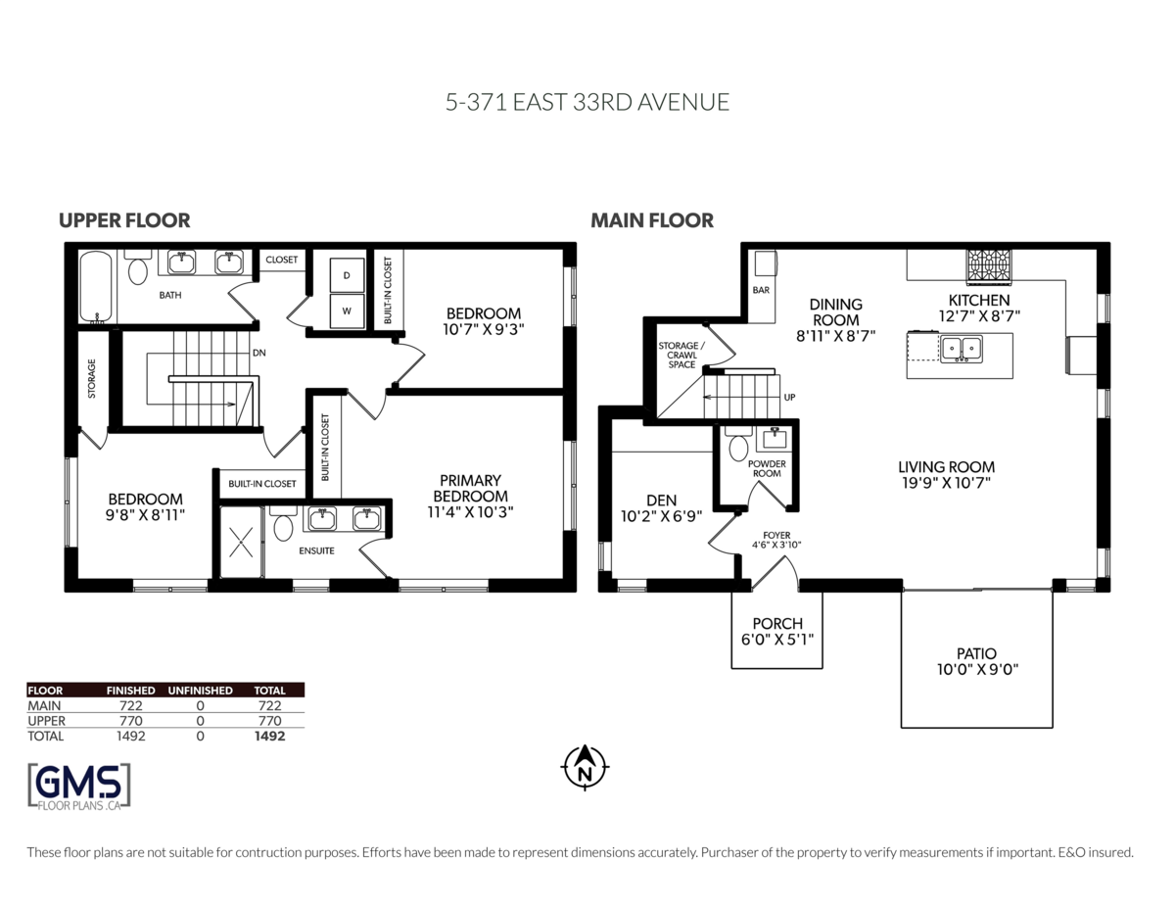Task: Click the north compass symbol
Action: pos(586,767)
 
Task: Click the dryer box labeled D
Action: pos(347,275)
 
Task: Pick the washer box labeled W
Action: pos(347,311)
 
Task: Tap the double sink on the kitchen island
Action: pos(961,348)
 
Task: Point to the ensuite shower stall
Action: pos(241,542)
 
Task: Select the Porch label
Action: pos(777,624)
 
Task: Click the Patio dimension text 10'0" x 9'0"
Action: pos(976,670)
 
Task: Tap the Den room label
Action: pos(662,500)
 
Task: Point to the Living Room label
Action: pos(946,467)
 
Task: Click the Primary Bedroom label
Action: pos(470,488)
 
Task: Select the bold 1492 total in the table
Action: pos(268,736)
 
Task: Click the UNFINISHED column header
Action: pos(200,690)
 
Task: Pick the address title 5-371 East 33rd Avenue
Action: pos(587,102)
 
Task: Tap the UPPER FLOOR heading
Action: pos(124,220)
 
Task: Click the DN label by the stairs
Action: pos(258,352)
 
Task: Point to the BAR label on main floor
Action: pos(761,291)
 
